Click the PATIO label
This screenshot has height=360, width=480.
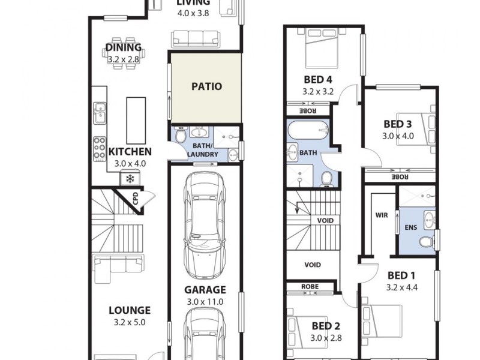point(206,86)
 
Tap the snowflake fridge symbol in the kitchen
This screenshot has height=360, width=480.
point(130,178)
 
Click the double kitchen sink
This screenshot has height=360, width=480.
point(100,112)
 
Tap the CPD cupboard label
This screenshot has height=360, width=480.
point(136,199)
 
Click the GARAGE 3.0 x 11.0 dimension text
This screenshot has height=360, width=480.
point(205,301)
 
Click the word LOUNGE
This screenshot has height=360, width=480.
point(129,310)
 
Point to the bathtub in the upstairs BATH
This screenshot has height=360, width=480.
point(308,130)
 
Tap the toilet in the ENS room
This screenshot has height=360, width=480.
point(426,241)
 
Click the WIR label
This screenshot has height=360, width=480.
point(382,214)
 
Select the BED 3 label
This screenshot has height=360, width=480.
point(397,124)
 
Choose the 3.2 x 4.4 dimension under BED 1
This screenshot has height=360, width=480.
point(401,287)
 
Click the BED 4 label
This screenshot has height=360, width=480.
point(317,80)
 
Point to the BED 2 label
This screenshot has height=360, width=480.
point(326,326)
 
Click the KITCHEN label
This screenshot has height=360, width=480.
point(130,152)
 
